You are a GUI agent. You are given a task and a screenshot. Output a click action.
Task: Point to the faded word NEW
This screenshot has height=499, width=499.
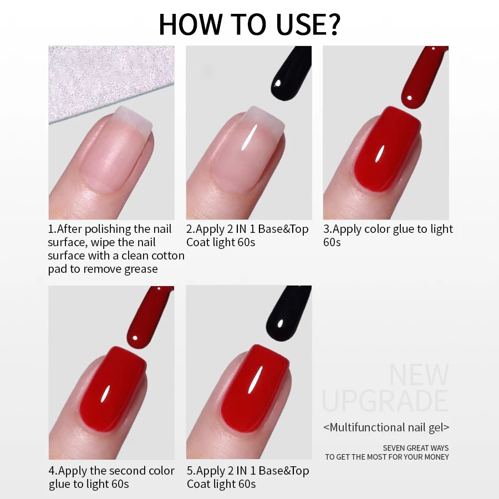click(419, 375)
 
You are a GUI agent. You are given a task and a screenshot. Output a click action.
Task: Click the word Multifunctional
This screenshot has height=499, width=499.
click(366, 427)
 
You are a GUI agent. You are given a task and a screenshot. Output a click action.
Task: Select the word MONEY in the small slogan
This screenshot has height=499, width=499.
click(435, 457)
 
